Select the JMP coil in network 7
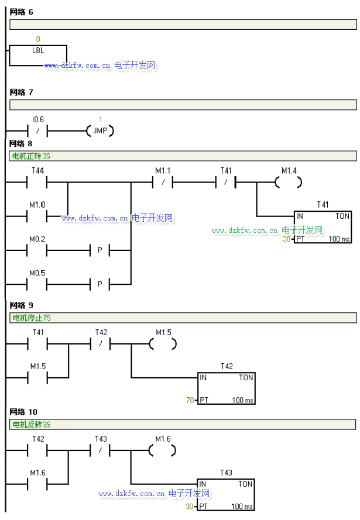tap(100, 130)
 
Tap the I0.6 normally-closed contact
tap(38, 130)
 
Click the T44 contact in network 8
tap(38, 182)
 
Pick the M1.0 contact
tap(38, 216)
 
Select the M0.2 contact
tap(38, 250)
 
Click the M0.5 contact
tap(38, 284)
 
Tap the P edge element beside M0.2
tap(100, 250)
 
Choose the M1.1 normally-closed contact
tap(163, 182)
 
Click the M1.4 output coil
tap(289, 182)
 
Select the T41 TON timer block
tap(323, 228)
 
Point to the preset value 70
tap(189, 400)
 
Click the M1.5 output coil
tap(163, 345)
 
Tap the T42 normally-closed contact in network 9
tap(101, 345)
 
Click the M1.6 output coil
tap(163, 451)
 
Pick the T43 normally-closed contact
tap(101, 451)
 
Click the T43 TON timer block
tap(226, 495)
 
